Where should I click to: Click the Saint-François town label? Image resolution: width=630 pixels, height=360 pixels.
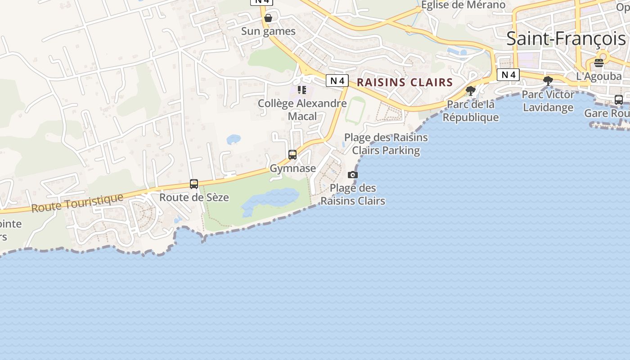coord(566,39)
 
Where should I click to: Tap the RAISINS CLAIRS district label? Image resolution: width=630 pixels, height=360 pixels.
coord(405,82)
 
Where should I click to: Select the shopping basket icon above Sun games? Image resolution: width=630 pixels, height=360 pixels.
coord(268,18)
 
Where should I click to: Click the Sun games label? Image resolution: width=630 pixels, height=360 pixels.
coord(268,31)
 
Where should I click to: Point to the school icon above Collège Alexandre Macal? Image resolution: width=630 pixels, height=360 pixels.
coord(301,90)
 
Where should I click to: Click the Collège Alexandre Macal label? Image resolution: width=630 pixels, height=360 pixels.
coord(302,110)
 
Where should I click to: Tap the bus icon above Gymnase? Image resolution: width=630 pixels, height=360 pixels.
coord(292,155)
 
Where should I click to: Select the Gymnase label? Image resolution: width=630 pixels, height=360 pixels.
coord(292,168)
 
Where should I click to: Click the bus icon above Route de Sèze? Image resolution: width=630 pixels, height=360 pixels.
coord(194,184)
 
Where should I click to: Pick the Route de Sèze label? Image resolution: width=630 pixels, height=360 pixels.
coord(194,197)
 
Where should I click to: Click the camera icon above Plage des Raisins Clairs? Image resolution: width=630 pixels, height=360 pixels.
coord(353,175)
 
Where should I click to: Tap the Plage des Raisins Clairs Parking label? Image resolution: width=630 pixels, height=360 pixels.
coord(386,144)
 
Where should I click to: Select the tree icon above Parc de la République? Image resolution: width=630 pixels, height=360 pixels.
coord(471,91)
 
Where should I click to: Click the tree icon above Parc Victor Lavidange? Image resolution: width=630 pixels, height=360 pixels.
coord(548,81)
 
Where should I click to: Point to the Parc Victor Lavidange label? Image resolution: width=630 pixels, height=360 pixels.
coord(548,101)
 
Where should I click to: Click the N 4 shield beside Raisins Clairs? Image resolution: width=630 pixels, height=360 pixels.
coord(337,81)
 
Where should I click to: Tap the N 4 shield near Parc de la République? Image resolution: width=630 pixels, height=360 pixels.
coord(508,75)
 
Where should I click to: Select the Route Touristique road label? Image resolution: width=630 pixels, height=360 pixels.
coord(77,203)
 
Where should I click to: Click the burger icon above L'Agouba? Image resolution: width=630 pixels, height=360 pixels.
coord(598,63)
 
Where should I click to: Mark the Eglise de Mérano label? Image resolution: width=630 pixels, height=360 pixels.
coord(463,5)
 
